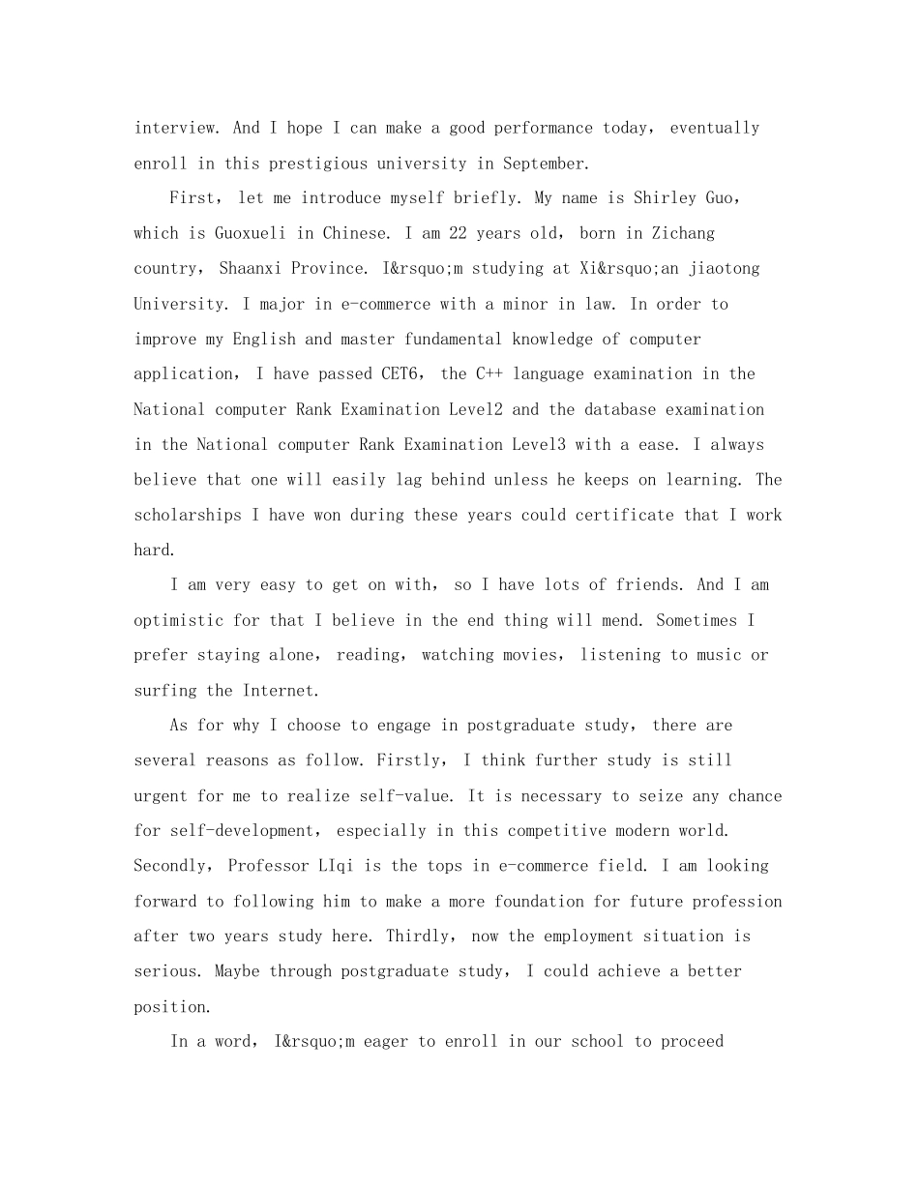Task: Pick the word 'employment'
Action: point(593,936)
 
